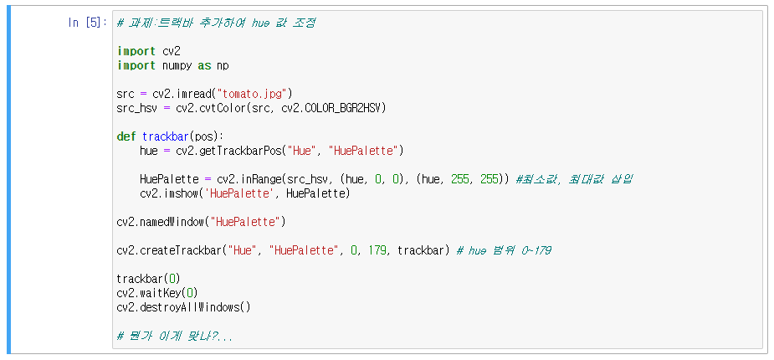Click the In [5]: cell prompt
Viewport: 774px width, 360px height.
[86, 23]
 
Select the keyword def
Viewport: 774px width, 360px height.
[126, 136]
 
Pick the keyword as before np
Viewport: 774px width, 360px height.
[203, 65]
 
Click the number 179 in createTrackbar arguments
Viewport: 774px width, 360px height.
[379, 250]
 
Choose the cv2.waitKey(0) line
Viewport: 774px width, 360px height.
[157, 293]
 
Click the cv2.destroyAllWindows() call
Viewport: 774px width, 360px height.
[183, 307]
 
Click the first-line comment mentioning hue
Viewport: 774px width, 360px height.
[216, 23]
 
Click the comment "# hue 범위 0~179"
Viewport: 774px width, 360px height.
[504, 250]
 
